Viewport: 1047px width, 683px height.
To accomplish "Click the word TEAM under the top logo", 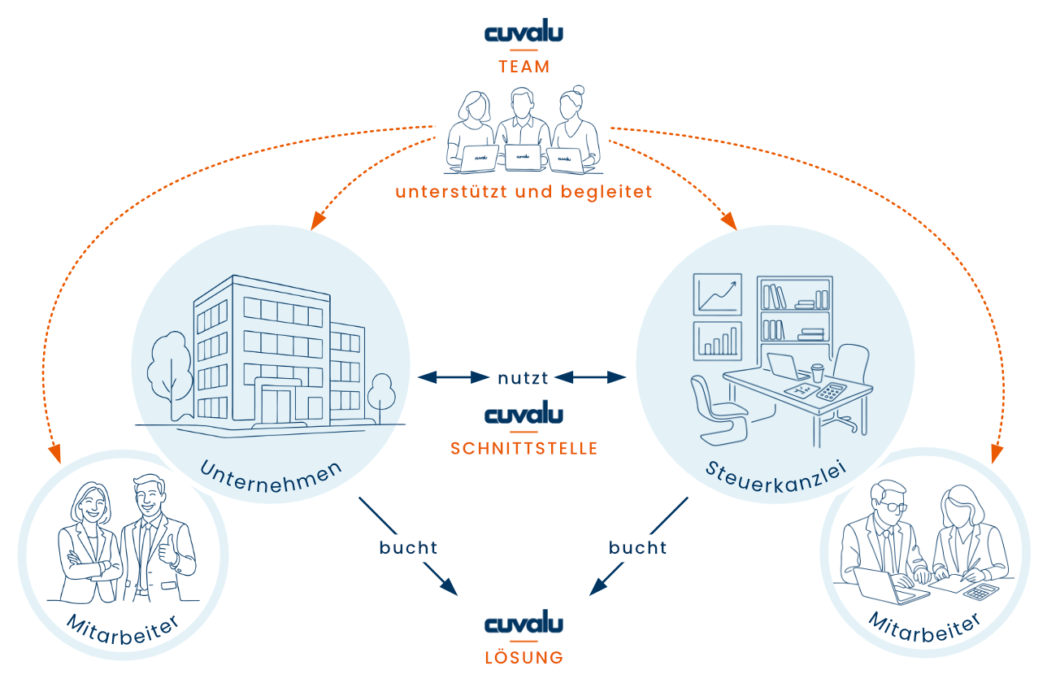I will point(524,67).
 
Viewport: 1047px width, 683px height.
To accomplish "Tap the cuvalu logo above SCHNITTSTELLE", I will point(524,415).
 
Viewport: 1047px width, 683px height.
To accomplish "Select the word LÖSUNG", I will point(524,657).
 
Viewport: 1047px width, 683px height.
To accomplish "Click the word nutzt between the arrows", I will point(524,377).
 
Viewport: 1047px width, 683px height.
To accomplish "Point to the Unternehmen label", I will point(271,477).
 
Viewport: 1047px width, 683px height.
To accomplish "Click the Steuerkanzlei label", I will point(776,477).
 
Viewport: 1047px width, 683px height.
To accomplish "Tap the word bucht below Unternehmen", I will point(408,548).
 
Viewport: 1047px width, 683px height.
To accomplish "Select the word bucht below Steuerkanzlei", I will point(638,548).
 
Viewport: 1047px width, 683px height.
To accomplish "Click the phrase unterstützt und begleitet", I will point(524,193).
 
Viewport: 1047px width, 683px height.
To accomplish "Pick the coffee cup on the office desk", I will point(817,372).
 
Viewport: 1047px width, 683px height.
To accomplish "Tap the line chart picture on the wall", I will point(717,294).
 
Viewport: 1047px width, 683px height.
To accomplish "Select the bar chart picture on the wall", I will point(717,341).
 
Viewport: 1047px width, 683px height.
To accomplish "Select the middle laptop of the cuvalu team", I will point(523,158).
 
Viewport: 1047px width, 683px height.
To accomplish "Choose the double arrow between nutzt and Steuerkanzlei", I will point(591,376).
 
